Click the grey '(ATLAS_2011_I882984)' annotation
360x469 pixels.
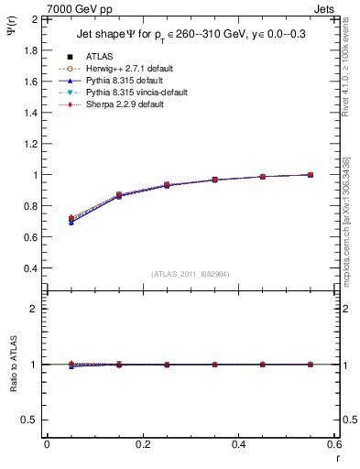pos(190,274)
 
